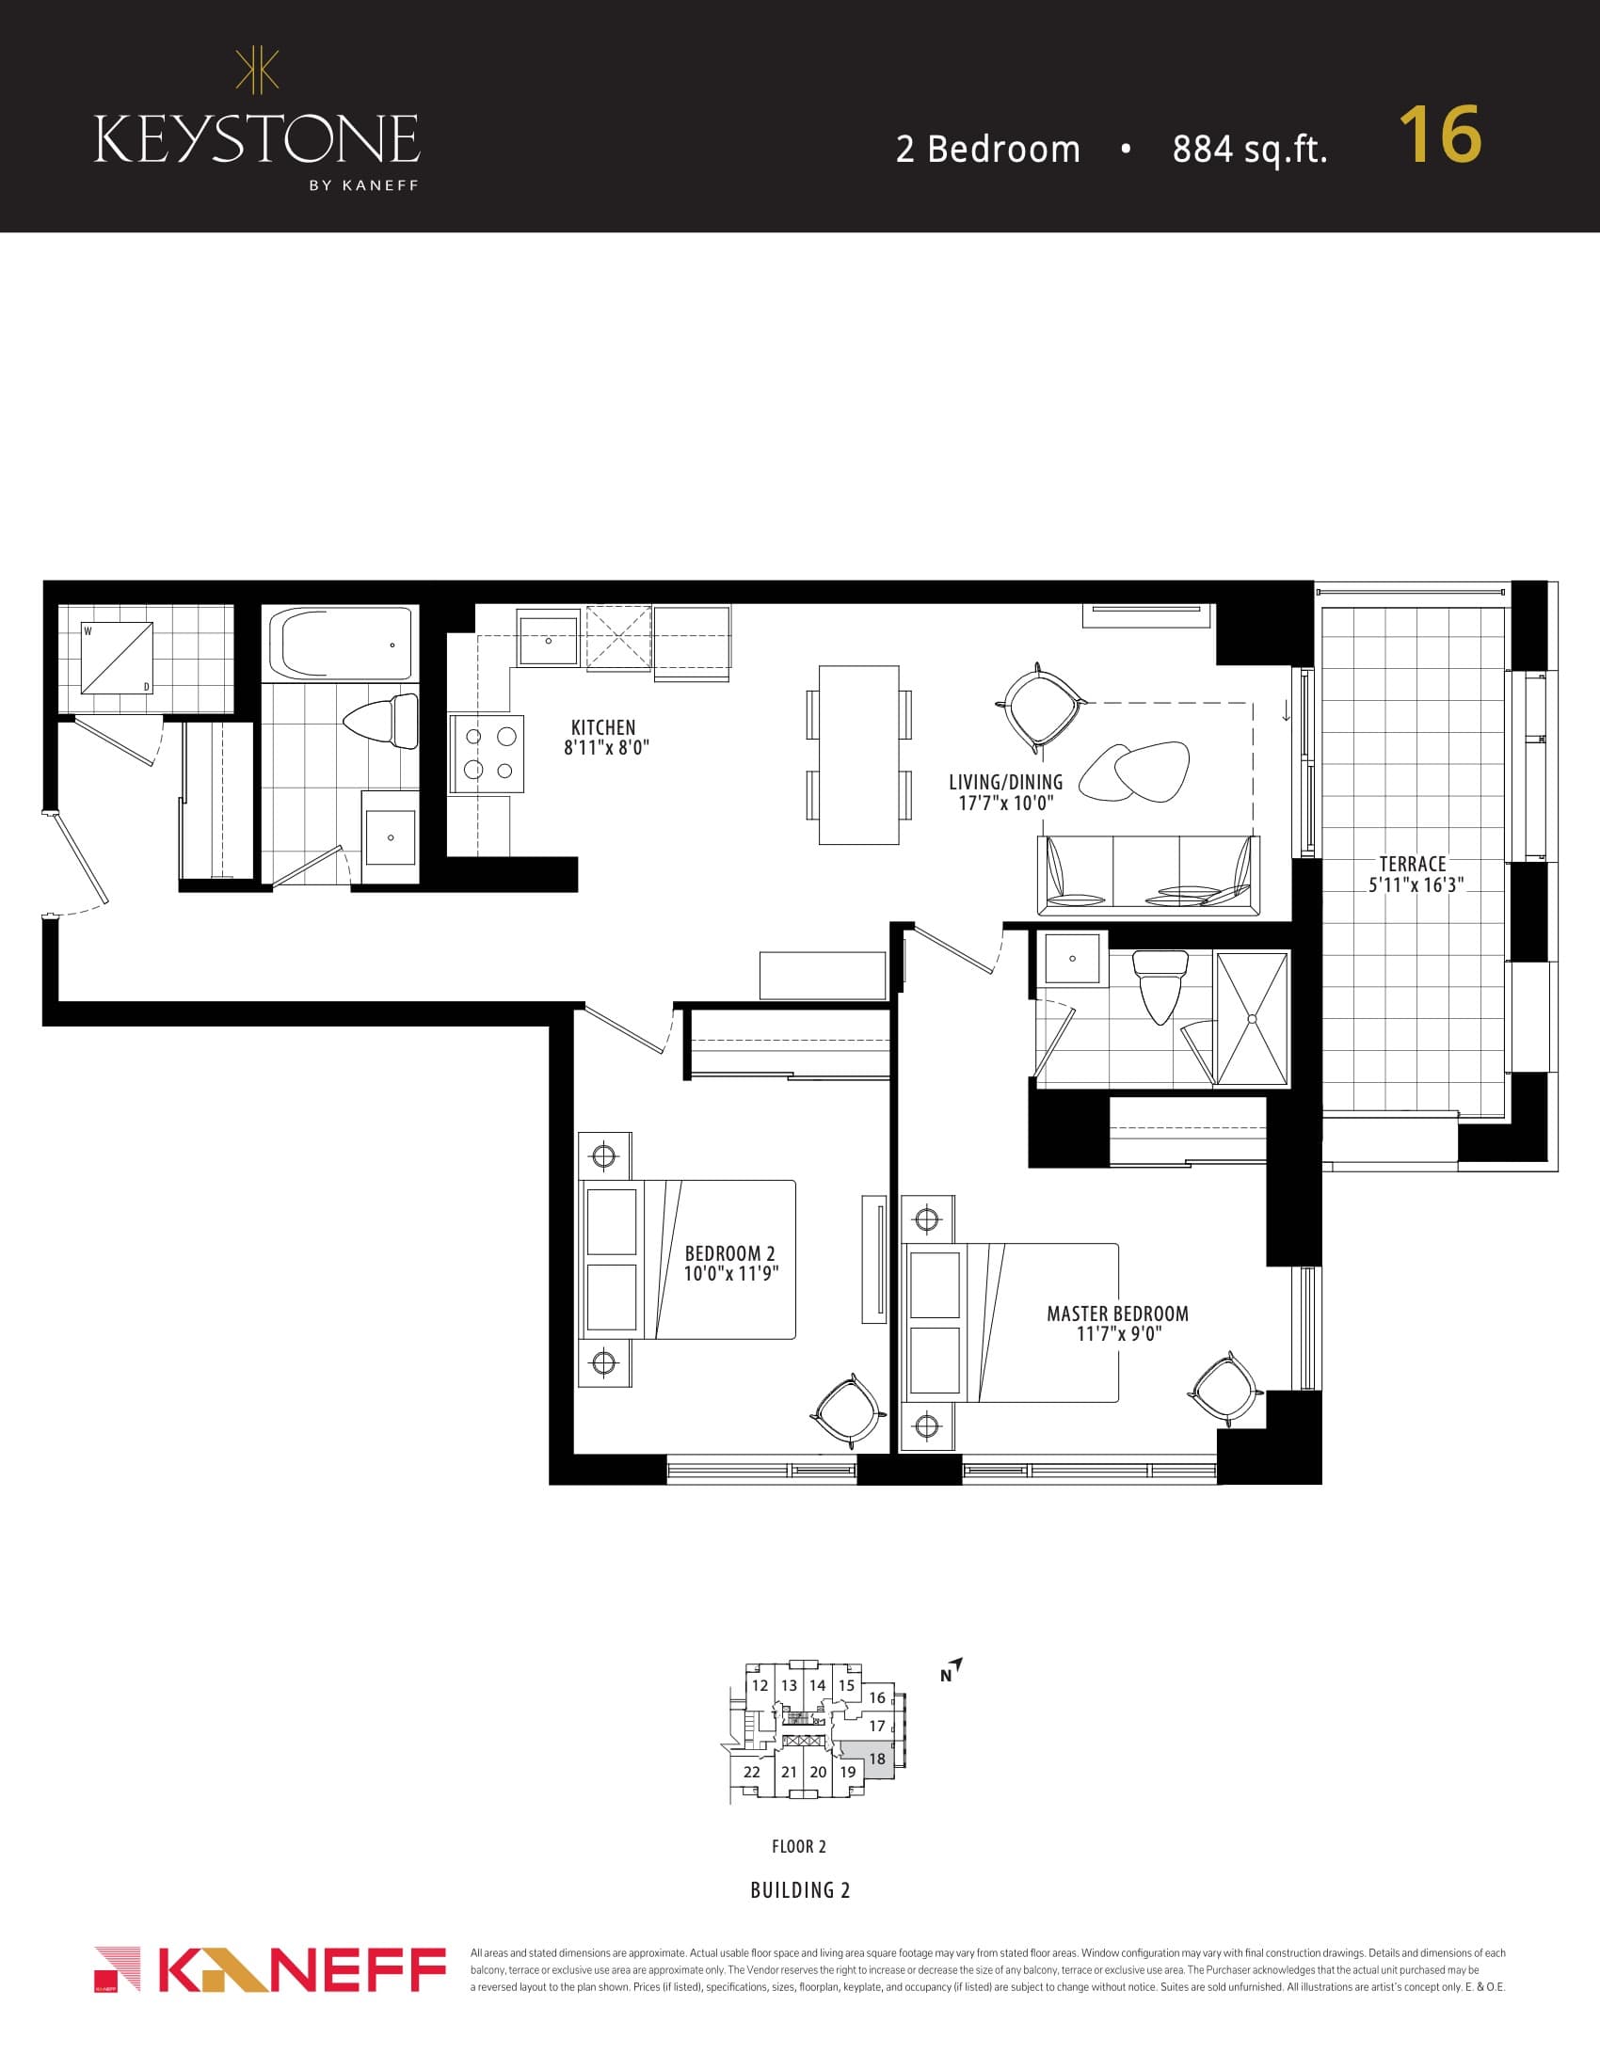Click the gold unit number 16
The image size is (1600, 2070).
pyautogui.click(x=1439, y=135)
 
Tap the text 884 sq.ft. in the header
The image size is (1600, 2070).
pyautogui.click(x=1249, y=150)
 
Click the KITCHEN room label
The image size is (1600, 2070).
pyautogui.click(x=604, y=727)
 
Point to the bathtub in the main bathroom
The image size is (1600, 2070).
pyautogui.click(x=341, y=644)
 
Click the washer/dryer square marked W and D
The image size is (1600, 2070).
pyautogui.click(x=117, y=658)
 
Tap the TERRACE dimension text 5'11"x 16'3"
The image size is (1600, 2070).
pyautogui.click(x=1416, y=886)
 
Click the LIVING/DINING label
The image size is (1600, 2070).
pyautogui.click(x=1006, y=782)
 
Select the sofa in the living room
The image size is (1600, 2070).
pyautogui.click(x=1148, y=874)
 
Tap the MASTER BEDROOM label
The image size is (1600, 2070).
pyautogui.click(x=1117, y=1314)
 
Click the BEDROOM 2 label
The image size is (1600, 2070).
pyautogui.click(x=729, y=1253)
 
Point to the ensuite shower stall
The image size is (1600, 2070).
pyautogui.click(x=1251, y=1019)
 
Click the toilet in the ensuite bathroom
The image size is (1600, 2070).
pyautogui.click(x=1161, y=986)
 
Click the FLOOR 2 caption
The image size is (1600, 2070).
pyautogui.click(x=799, y=1846)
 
